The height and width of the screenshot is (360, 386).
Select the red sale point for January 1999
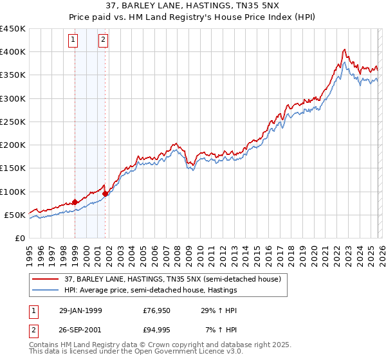(x=75, y=202)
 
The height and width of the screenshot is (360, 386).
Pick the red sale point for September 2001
(x=106, y=194)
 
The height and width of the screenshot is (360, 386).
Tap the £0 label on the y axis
(x=19, y=238)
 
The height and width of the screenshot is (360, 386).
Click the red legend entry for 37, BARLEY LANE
(x=172, y=279)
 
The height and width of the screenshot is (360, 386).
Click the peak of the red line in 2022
(x=345, y=50)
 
